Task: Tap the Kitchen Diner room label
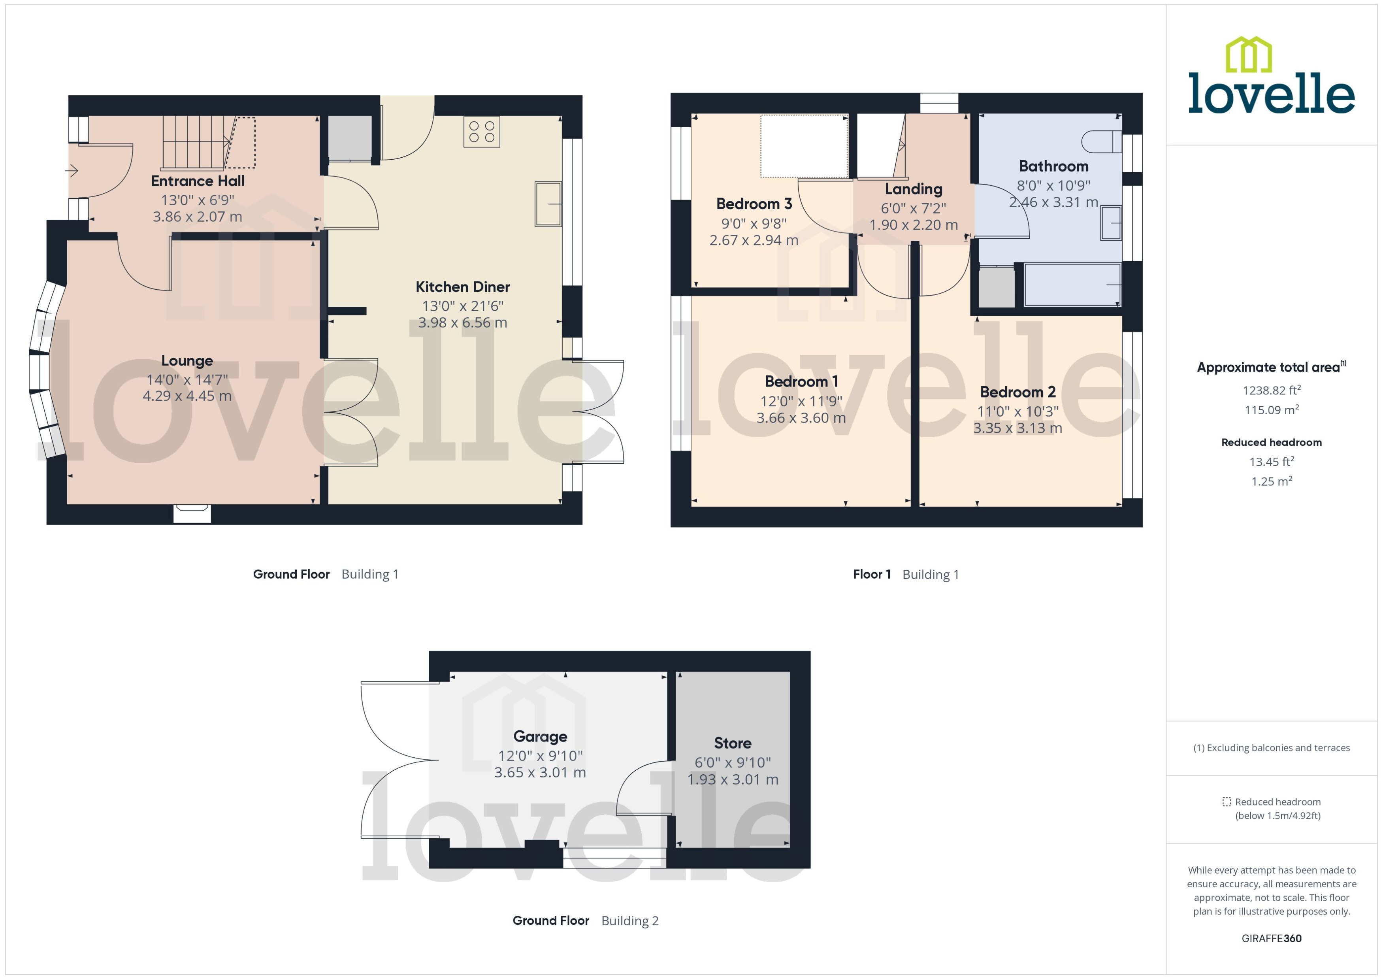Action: click(x=462, y=287)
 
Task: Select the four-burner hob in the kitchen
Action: click(x=482, y=132)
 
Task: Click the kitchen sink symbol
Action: click(x=548, y=204)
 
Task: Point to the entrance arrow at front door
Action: click(x=72, y=171)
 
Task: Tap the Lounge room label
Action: click(x=187, y=360)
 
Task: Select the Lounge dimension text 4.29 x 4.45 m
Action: click(x=187, y=396)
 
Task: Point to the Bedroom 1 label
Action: click(x=801, y=381)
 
